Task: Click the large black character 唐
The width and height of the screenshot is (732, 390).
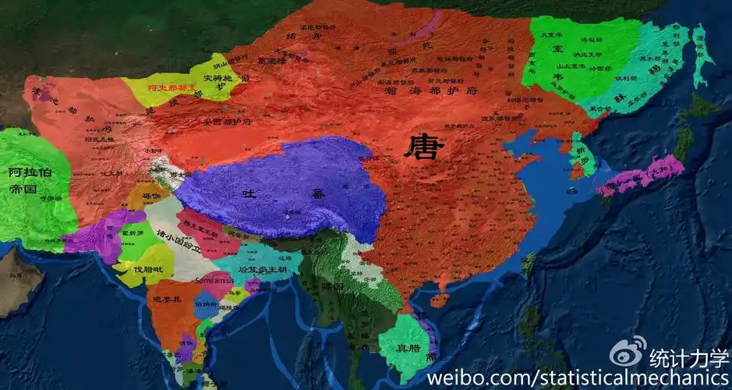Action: click(424, 146)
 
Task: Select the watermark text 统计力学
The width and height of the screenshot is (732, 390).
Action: click(689, 356)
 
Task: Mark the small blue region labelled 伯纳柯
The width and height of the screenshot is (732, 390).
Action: click(205, 304)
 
